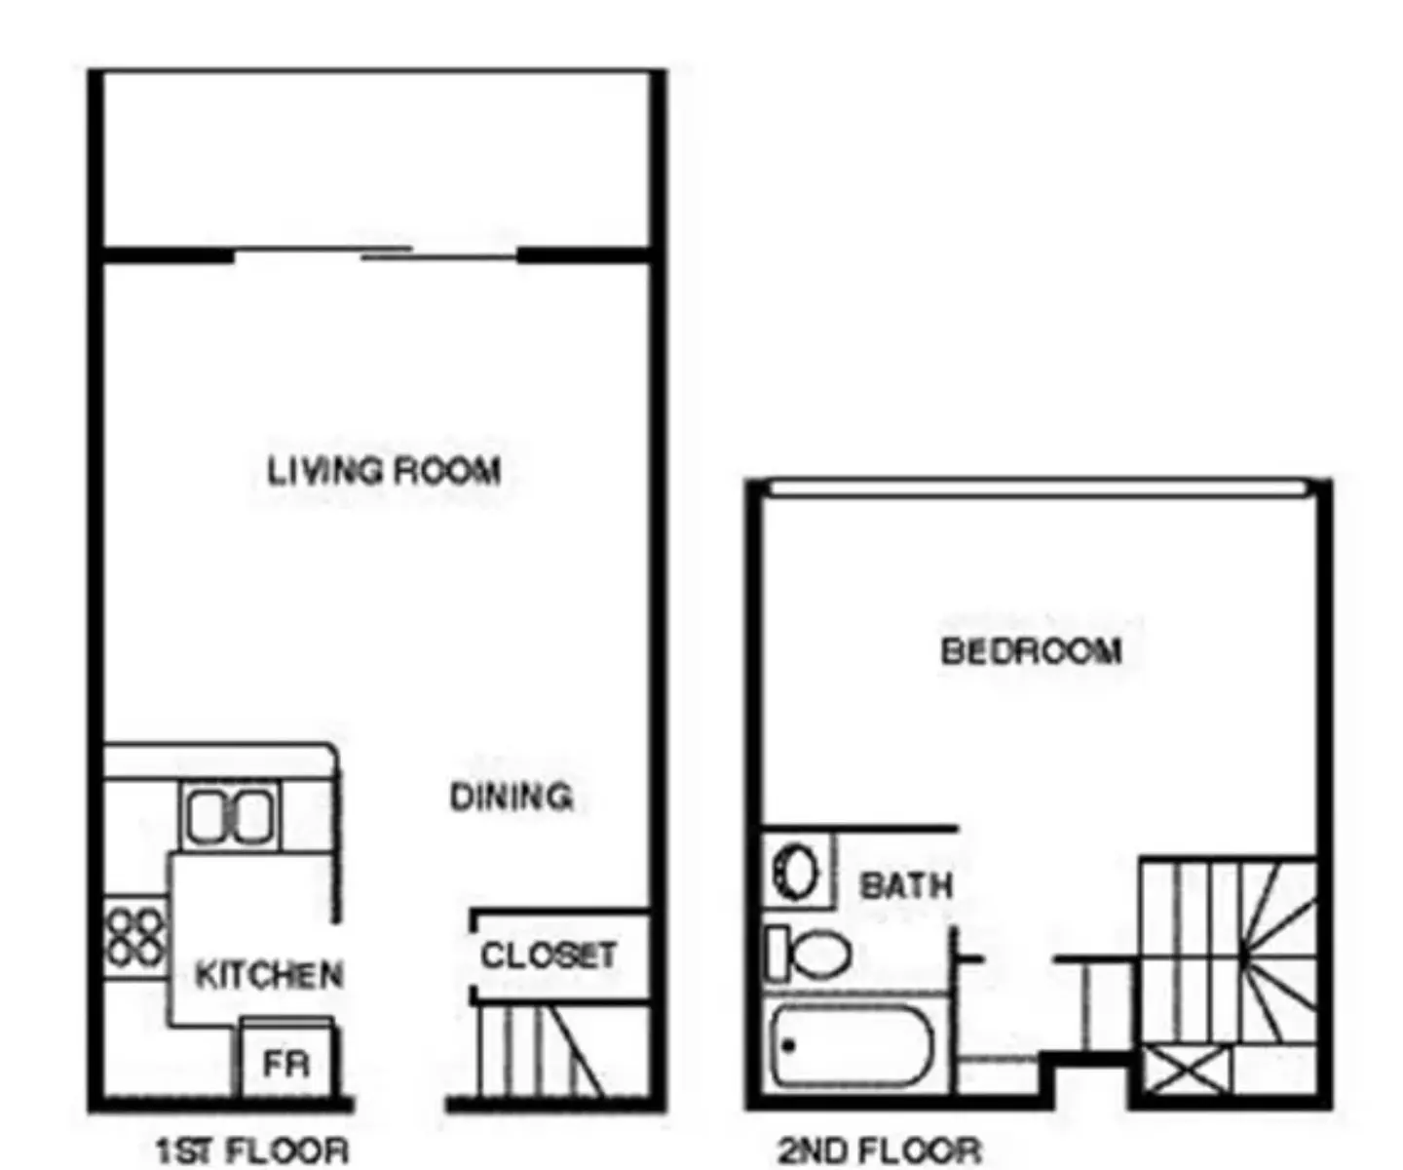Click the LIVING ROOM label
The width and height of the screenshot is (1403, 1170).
(384, 471)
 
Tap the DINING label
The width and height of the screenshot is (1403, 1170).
(512, 798)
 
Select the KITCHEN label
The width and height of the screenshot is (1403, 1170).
(269, 974)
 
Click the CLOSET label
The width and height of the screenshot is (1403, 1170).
(549, 955)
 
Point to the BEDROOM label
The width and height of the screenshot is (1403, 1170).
(1032, 651)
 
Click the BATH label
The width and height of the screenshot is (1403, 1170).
(907, 885)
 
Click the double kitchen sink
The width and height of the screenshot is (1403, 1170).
(231, 816)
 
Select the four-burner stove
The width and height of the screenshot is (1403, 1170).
(135, 937)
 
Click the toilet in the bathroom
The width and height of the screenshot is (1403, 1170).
(809, 953)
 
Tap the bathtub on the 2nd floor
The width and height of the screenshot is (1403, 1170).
(852, 1045)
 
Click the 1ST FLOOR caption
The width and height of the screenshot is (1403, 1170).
(253, 1150)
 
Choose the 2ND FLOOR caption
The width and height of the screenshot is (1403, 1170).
(880, 1150)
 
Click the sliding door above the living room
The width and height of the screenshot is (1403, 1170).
(376, 253)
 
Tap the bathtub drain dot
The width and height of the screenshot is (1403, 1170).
(789, 1045)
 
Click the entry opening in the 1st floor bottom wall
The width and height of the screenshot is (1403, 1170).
(399, 1104)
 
